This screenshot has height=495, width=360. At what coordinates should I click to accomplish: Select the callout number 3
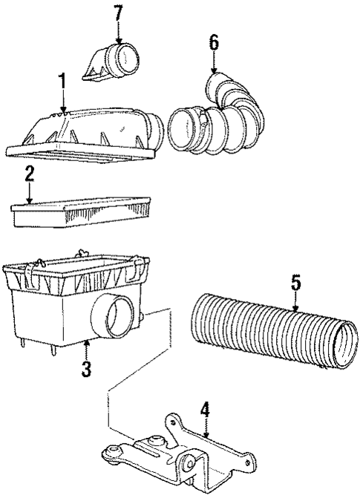(87, 369)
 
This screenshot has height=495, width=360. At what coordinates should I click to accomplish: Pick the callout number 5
(295, 283)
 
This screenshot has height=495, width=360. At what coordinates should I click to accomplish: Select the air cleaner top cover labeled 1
(89, 134)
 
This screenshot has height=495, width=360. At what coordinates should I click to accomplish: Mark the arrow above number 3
(87, 349)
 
